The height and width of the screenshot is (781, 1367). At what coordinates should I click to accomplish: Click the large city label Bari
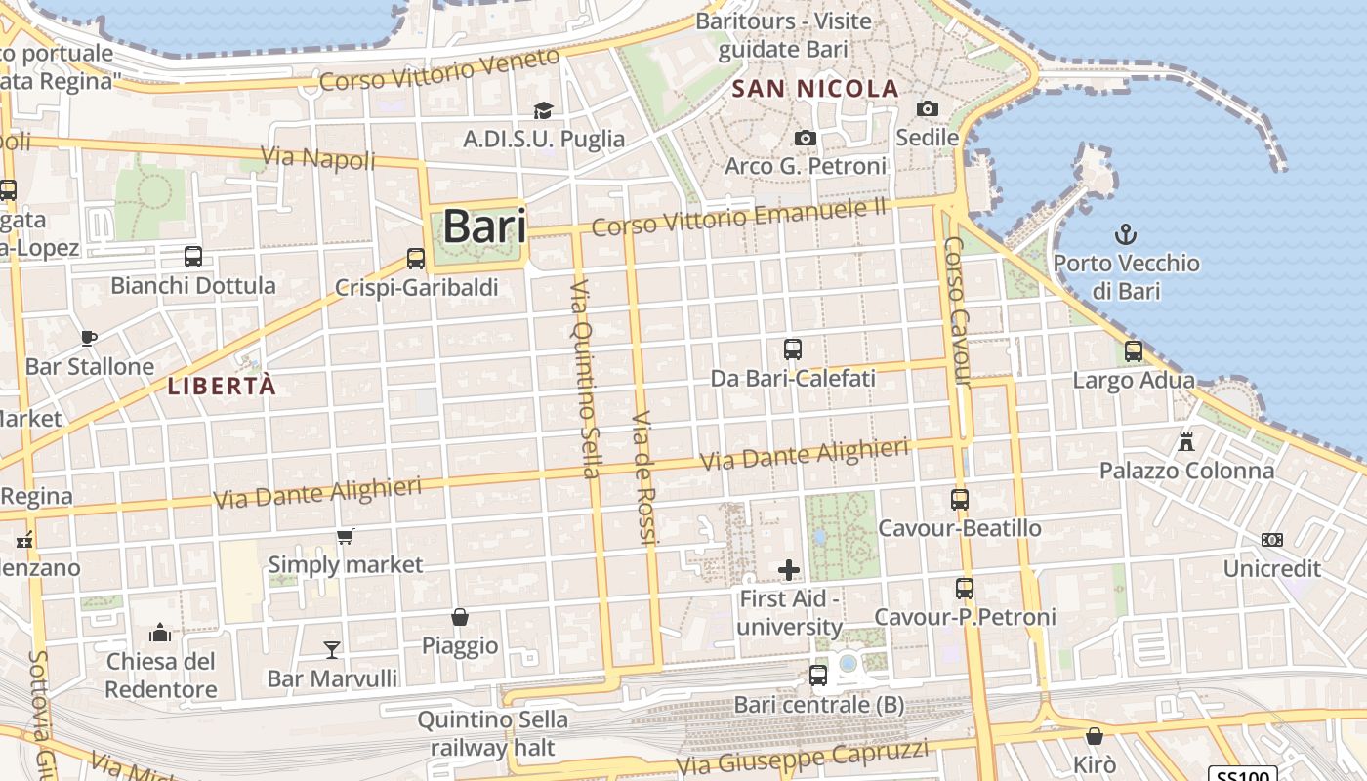coord(484,226)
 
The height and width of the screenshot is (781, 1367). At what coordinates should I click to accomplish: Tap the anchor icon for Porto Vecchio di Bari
coord(1126,234)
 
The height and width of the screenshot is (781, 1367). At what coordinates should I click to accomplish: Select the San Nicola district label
coord(815,89)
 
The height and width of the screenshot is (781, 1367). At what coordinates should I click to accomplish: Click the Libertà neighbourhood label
coord(222,386)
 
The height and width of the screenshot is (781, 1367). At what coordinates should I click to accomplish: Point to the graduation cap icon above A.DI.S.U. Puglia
coord(543,111)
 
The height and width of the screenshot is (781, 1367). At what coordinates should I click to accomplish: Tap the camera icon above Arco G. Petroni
coord(805,139)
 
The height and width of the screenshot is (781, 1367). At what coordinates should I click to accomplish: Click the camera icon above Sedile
coord(927,109)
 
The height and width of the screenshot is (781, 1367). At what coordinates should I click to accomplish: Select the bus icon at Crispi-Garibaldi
coord(416,259)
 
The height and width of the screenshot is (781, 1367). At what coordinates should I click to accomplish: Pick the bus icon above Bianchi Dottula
coord(193,257)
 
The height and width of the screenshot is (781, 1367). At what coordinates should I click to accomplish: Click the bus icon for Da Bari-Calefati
coord(793,349)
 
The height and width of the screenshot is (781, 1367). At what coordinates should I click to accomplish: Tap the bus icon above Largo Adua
coord(1134,351)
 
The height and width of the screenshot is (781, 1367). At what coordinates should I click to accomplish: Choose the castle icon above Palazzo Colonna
coord(1186,441)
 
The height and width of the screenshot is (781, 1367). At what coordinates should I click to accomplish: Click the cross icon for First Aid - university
coord(789,570)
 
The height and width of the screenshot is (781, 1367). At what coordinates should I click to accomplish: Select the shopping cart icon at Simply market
coord(345,536)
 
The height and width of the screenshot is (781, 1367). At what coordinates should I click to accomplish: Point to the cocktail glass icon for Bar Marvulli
coord(332,649)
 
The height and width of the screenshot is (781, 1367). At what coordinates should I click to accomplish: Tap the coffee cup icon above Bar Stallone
coord(89,338)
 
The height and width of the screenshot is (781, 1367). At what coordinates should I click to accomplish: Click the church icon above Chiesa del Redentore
coord(160,633)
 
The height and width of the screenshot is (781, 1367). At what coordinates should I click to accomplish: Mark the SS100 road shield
coord(1242,774)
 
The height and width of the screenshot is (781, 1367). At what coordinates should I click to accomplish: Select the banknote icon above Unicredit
coord(1271,540)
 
